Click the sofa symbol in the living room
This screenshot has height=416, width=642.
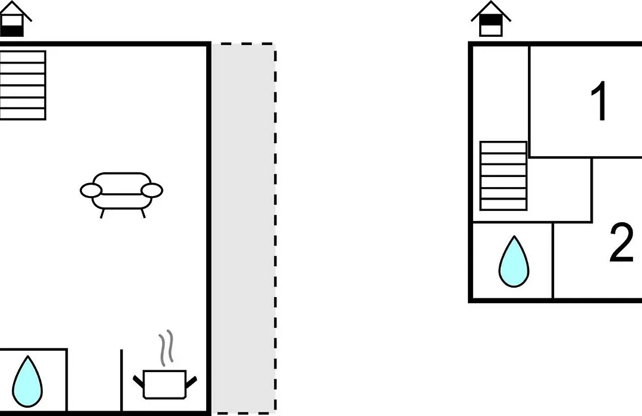(121, 193)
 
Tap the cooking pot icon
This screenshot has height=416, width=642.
(165, 385)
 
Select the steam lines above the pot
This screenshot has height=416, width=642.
(166, 348)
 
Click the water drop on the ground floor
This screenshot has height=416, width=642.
(27, 382)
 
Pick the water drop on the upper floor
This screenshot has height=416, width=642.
(514, 261)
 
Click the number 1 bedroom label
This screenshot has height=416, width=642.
(599, 101)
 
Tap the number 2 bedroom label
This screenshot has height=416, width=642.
(622, 242)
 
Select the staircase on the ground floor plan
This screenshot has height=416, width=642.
(23, 85)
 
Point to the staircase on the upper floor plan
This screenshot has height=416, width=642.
(503, 176)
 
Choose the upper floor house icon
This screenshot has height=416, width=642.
(491, 19)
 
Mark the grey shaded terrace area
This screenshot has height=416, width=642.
(244, 228)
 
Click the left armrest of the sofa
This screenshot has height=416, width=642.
(91, 190)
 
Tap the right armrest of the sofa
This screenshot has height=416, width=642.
(152, 190)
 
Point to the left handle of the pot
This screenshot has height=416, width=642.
(139, 381)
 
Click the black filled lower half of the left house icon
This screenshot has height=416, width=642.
(12, 31)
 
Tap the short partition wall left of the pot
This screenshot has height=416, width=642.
(122, 380)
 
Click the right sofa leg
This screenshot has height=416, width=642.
(143, 213)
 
